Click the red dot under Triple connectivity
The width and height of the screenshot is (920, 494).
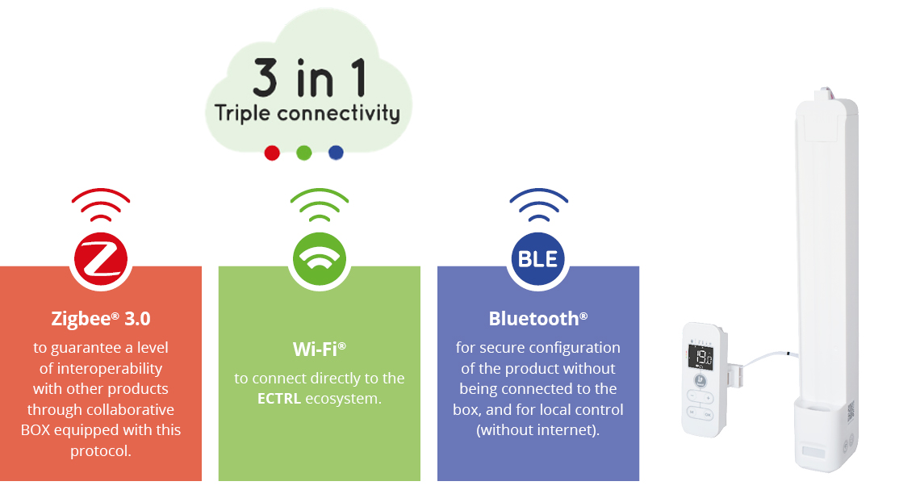click(x=272, y=153)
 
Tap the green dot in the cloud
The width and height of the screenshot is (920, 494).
click(x=304, y=153)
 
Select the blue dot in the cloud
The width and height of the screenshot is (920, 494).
click(x=336, y=153)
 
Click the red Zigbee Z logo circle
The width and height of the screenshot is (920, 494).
click(x=101, y=259)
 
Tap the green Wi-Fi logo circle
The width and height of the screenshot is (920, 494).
click(x=320, y=259)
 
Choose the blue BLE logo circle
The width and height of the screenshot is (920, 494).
click(x=538, y=259)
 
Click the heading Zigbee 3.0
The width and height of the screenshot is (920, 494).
click(x=101, y=319)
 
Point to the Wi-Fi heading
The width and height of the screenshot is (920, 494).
click(x=320, y=349)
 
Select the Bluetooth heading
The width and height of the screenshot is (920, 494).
click(x=538, y=319)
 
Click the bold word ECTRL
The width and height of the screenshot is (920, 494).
click(x=279, y=399)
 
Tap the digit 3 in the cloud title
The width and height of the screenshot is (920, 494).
click(x=266, y=77)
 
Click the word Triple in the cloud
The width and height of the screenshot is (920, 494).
click(x=242, y=113)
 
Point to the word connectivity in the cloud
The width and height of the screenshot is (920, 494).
click(x=339, y=113)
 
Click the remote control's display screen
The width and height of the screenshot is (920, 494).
click(x=700, y=356)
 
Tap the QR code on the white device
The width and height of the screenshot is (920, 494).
click(x=851, y=412)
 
